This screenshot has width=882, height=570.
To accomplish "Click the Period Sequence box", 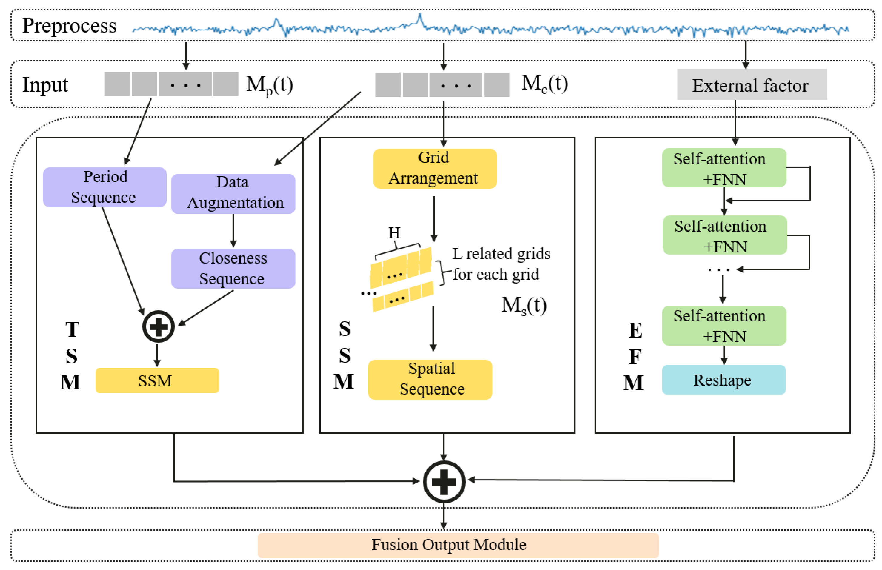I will point(105,187).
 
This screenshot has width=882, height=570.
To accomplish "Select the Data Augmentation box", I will point(233,194).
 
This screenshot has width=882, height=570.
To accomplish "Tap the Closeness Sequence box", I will point(233,268).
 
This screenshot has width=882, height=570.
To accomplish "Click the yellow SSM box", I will point(157,380).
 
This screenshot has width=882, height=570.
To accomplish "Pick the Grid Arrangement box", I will point(434,168).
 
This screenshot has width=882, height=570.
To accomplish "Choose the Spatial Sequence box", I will point(430,379).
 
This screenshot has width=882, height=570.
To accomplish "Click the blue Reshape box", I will point(723,380).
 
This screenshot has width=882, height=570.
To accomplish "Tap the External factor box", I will point(752,85).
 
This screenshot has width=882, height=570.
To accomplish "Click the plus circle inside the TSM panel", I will point(159,326).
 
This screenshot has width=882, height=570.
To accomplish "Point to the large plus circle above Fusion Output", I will point(444,481).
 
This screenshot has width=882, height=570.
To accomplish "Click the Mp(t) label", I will point(270,85).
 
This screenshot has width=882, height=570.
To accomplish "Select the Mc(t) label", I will point(544,84).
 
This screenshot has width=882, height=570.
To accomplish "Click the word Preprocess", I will point(69,26).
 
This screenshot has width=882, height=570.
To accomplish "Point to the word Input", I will point(45,85).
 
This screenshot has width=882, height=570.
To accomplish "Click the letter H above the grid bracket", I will point(394,233).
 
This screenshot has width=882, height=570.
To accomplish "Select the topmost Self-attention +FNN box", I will point(723,168).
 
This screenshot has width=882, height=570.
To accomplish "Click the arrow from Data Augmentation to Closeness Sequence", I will point(233,230).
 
